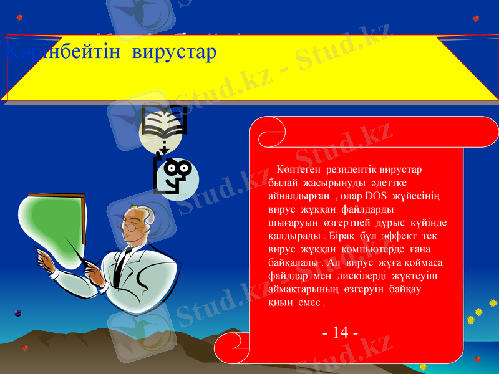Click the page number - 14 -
coord(340,332)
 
